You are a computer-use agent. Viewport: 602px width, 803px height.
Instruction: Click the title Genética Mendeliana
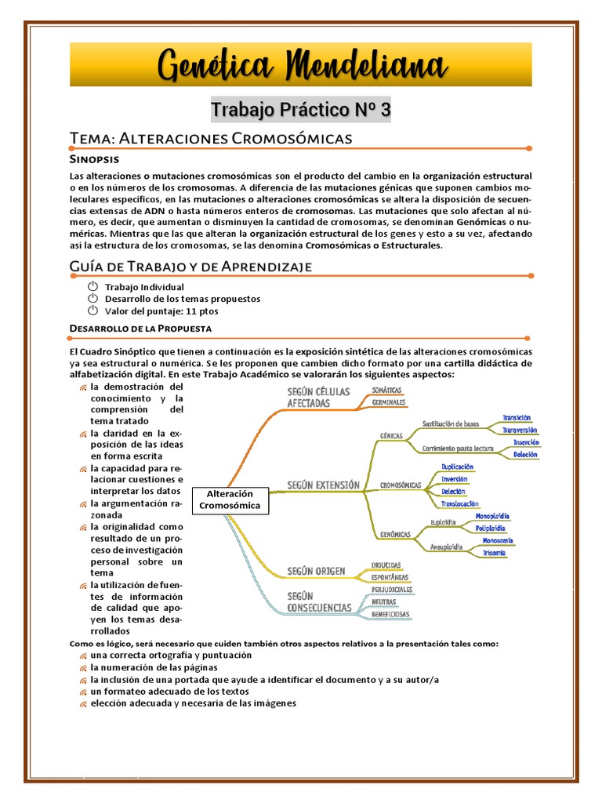[x=300, y=65]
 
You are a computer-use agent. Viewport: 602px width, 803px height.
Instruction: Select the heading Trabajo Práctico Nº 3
[x=300, y=111]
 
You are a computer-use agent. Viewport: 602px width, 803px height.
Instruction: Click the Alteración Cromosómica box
[x=229, y=500]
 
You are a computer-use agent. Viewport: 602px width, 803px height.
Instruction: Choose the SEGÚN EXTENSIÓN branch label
[x=324, y=485]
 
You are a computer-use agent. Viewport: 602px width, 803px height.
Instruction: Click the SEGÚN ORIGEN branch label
[x=316, y=571]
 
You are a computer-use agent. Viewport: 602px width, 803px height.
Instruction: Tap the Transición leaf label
[x=517, y=418]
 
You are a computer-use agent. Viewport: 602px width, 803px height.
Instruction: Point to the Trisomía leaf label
[x=494, y=553]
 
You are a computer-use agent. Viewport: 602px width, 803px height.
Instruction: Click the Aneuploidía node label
[x=446, y=546]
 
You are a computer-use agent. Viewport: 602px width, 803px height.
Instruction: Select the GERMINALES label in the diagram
[x=389, y=401]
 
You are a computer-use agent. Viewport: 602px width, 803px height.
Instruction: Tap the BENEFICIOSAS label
[x=391, y=614]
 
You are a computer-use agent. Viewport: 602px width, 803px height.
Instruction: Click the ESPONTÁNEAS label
[x=390, y=577]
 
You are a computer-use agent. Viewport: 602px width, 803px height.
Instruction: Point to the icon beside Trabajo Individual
[x=92, y=287]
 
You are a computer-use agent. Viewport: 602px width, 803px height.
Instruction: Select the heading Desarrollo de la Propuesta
[x=140, y=328]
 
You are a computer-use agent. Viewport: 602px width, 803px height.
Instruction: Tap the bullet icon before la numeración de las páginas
[x=83, y=667]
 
